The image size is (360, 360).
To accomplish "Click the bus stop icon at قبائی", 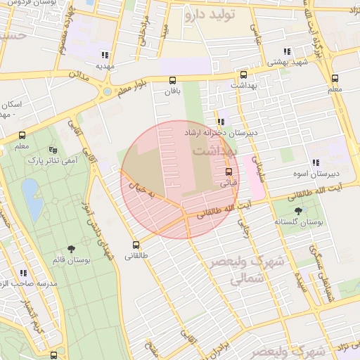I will point(229,172).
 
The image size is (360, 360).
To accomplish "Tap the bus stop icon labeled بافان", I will point(172,80).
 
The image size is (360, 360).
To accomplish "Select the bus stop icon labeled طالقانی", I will point(136,245).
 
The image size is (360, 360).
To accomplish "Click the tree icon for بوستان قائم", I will point(70,249).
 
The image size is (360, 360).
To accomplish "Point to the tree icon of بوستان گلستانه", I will point(299,210).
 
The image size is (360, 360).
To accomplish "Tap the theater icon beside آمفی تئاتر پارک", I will point(53,150).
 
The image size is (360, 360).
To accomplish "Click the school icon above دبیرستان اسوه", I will point(316,162).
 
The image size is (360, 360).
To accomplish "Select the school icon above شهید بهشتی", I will point(286,51).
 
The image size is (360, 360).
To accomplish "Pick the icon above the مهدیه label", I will point(105,54).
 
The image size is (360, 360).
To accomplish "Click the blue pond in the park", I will point(30,191).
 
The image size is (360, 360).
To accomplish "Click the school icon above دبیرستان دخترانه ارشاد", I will point(221,122).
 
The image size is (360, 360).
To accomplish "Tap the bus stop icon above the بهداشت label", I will point(243,75).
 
